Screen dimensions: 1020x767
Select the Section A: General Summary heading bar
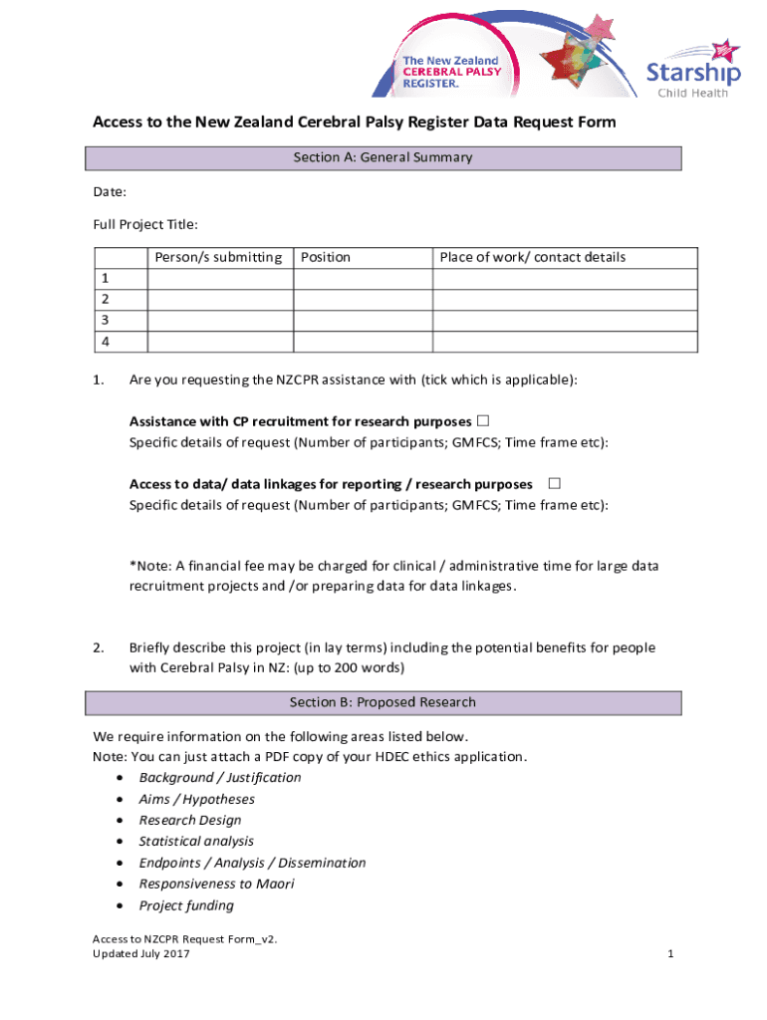pos(383,158)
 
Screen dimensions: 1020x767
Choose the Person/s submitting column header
pos(218,257)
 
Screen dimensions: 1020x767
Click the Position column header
pos(326,257)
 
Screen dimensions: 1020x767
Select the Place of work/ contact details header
pos(533,257)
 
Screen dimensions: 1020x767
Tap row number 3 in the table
pos(106,320)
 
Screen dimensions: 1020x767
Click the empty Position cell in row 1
pos(363,279)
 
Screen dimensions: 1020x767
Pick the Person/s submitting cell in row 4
pos(220,342)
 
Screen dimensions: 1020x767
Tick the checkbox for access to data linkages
pos(555,483)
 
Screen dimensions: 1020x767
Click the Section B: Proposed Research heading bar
pos(383,702)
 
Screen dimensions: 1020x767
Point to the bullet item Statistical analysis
pos(196,841)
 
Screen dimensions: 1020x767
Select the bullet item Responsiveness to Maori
pos(216,884)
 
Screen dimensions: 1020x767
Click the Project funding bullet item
pos(186,905)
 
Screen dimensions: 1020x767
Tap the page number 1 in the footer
pos(671,954)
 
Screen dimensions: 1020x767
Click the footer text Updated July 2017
pos(141,954)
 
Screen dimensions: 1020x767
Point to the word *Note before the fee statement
pos(146,566)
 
